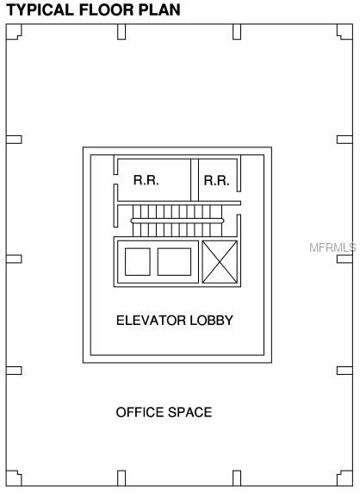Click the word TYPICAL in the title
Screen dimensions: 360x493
pos(40,9)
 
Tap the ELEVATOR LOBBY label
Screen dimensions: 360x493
pos(175,321)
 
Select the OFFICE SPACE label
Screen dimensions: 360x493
pos(164,412)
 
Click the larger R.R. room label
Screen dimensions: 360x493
pos(146,180)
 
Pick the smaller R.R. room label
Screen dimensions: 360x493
pos(216,181)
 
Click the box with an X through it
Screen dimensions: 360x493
pos(220,262)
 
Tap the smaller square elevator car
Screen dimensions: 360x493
pos(138,262)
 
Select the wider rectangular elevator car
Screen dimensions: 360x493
pos(174,262)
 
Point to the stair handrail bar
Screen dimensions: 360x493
pos(177,221)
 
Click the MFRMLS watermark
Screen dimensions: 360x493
pos(332,247)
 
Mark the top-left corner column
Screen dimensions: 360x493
pos(14,32)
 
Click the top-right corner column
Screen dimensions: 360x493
pos(344,32)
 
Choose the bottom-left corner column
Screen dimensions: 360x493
pos(14,478)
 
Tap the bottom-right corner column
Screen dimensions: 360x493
pos(344,478)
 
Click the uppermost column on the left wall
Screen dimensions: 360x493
pos(14,140)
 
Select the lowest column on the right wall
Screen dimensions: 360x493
pos(344,371)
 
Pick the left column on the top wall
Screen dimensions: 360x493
pos(121,32)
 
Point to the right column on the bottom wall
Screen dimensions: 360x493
pos(237,478)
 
